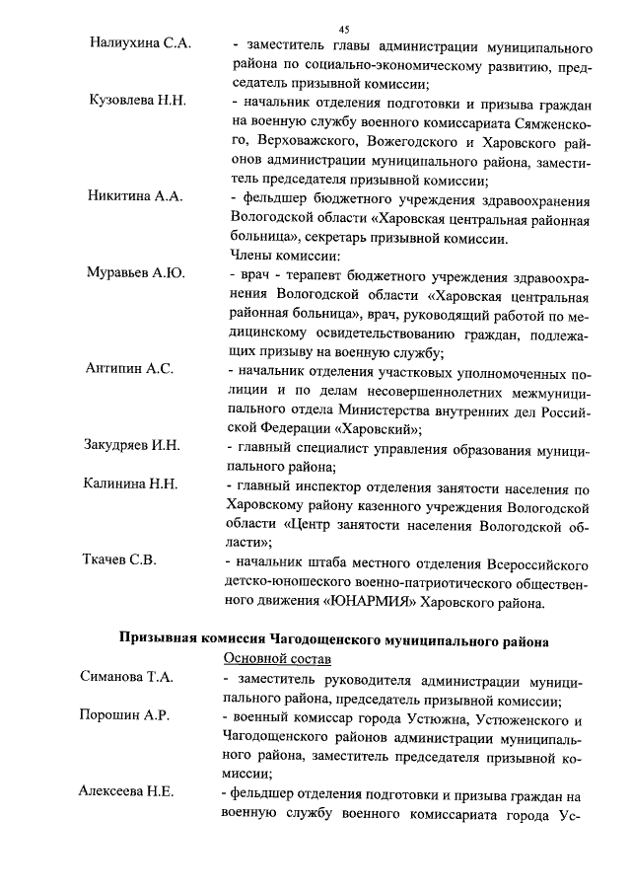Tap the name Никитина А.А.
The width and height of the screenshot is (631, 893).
pos(135,196)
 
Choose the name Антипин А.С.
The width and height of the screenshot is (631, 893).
pos(130,368)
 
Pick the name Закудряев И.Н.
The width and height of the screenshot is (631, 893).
pos(132,445)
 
